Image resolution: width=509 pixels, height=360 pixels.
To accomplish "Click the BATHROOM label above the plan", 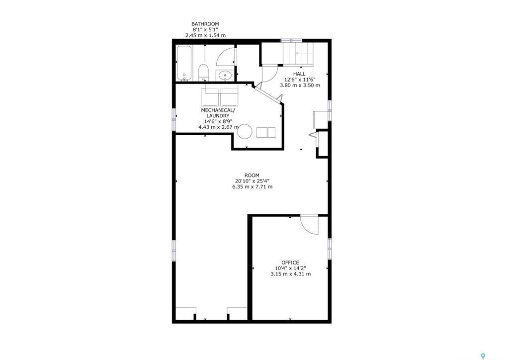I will pos(205,24).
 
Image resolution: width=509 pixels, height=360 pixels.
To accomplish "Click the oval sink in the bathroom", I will pos(225,76).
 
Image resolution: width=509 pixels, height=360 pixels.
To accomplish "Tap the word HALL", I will pos(299,74).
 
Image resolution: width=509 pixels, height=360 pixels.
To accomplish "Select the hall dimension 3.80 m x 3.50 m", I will pos(299,85).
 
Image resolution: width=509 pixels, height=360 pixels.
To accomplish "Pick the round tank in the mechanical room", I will pos(245,132).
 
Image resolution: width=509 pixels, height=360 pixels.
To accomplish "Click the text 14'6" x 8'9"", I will pos(215,121).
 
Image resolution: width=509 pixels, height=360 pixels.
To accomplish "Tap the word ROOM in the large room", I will pos(252,175).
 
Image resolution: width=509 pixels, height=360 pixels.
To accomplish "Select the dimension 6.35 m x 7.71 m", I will pos(252,187).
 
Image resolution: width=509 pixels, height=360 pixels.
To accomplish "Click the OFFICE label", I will pos(290,263).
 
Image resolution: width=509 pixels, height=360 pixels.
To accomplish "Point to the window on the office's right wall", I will pos(329,248).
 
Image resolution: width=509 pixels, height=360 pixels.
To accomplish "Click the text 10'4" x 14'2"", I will pos(290,269).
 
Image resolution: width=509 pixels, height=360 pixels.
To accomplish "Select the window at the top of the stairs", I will pos(291,40).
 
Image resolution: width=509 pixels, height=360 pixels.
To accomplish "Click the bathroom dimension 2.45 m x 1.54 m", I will pos(205,35).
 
